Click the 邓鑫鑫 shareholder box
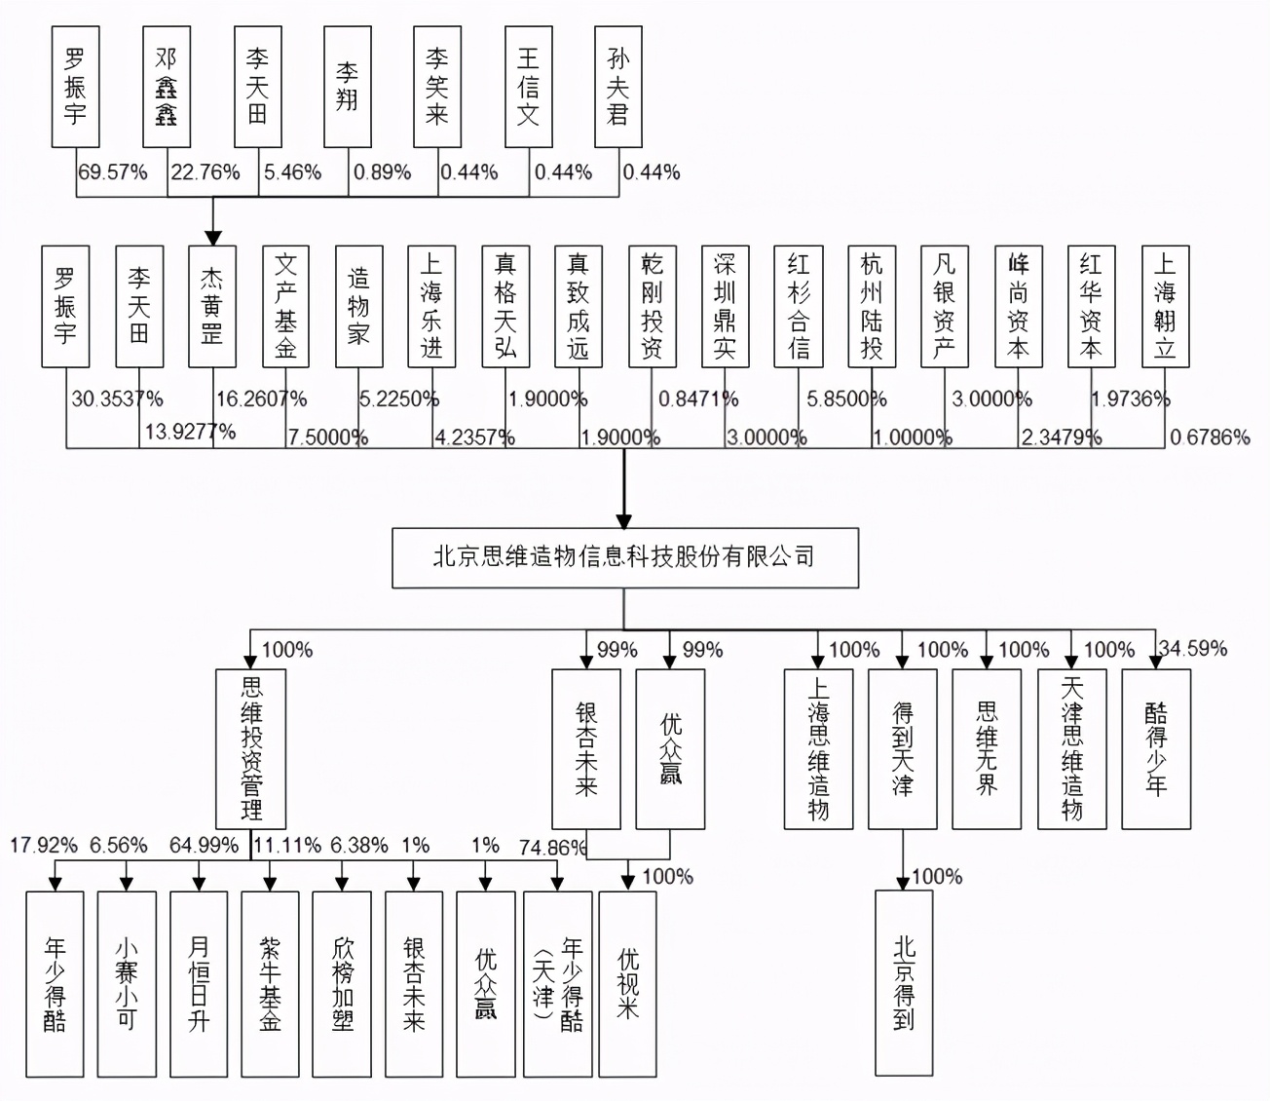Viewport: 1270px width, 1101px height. (167, 87)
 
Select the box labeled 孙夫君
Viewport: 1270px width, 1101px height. (618, 87)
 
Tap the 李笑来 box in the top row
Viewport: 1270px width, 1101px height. (437, 87)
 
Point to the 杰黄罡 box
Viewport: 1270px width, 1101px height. (212, 306)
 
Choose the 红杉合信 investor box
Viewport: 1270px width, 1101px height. (799, 306)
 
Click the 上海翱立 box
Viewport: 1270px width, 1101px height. (1165, 306)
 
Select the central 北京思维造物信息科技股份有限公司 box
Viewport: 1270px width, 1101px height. (625, 558)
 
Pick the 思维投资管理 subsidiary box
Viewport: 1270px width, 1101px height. (251, 748)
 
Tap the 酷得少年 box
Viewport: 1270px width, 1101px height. (1156, 748)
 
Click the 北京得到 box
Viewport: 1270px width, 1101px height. (904, 982)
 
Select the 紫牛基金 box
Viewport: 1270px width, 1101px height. (270, 984)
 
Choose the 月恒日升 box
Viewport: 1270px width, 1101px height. (199, 984)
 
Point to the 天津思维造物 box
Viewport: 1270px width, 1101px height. (1071, 748)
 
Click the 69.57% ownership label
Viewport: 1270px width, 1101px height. (113, 172)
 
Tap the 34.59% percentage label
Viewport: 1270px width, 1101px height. (1192, 649)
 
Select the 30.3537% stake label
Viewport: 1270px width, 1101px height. (117, 399)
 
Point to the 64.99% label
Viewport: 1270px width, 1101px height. (204, 845)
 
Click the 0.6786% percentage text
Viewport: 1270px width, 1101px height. (1210, 437)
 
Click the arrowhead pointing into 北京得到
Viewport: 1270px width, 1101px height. (904, 883)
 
